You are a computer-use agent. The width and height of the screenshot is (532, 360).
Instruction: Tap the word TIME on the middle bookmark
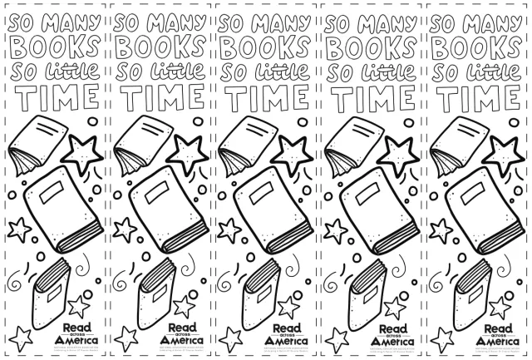(265, 98)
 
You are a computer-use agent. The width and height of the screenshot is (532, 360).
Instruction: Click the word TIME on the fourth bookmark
(372, 98)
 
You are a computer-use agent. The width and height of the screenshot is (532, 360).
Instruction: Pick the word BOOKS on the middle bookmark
(265, 44)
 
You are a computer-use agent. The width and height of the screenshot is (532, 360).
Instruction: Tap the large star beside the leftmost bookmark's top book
(83, 152)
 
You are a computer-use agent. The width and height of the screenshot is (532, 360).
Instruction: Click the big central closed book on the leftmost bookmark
(57, 208)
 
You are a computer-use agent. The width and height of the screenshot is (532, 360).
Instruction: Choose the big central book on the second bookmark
(162, 208)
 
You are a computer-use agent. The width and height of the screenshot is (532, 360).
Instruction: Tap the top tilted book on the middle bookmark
(244, 140)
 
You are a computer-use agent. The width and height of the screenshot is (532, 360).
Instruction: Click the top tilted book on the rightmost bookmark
(456, 140)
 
